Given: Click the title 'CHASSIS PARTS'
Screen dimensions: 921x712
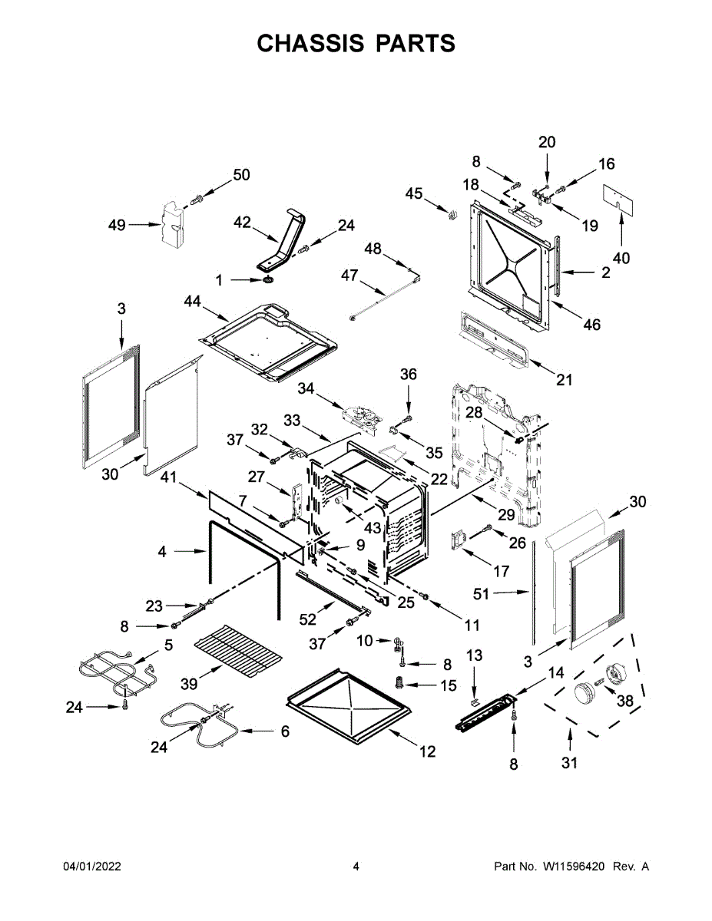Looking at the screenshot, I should tap(356, 43).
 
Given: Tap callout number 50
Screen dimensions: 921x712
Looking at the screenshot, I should tap(241, 175).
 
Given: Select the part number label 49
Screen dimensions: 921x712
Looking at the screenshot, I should tap(117, 225).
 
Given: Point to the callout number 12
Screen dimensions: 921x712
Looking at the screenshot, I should tap(427, 752).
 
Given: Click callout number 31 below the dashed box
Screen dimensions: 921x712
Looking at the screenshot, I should tap(569, 762).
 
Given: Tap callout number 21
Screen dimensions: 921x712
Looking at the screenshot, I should tap(565, 380).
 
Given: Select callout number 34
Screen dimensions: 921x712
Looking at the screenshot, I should tap(307, 390).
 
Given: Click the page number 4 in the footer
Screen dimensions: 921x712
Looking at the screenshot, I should tap(356, 867).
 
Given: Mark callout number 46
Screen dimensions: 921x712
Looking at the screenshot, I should tap(591, 325).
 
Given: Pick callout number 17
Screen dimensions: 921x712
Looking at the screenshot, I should tap(501, 571).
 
